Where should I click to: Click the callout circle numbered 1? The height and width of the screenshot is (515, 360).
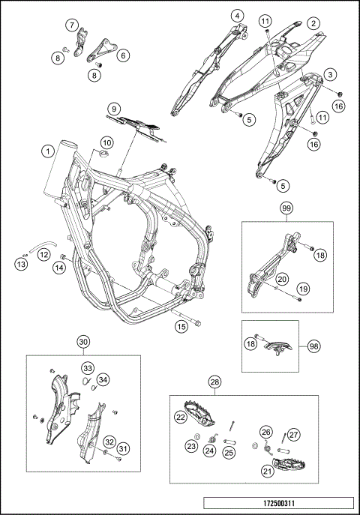pos(48,151)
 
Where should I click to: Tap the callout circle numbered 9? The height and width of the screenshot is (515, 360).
pos(114,109)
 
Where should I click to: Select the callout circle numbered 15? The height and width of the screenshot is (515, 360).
pos(181,327)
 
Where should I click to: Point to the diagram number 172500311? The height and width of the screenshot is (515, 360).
pos(278,503)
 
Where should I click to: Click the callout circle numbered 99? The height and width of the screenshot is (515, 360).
pos(287,208)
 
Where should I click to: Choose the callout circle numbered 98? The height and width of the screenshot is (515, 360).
pos(314,346)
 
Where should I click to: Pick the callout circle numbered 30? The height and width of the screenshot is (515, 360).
pos(83,342)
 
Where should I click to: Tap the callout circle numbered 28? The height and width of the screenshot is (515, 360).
pos(215,382)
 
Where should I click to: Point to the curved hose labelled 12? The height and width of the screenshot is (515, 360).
pos(42,247)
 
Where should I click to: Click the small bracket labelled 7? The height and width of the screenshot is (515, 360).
pos(81,42)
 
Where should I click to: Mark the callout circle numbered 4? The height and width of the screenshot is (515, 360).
pos(238,16)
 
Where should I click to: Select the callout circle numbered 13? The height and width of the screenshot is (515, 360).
pos(21,264)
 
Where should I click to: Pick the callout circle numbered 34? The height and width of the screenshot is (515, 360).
pos(103,380)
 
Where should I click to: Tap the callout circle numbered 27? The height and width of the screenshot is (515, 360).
pos(293,435)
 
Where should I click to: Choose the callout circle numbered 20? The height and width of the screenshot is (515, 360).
pos(282,279)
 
